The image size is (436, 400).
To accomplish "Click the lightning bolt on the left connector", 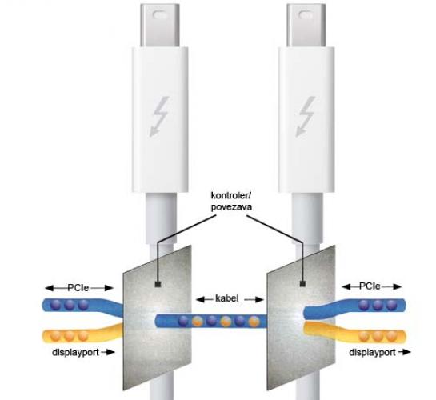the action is point(160,117).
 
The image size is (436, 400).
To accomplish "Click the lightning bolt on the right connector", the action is point(306,117).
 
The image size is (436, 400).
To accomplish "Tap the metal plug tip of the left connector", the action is point(160,26).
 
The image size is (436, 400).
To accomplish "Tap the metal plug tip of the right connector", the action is point(306,26).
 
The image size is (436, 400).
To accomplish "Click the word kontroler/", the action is point(231,195).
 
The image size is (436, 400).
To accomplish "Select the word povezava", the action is point(232,207).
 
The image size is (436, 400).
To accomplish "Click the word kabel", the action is point(227,298).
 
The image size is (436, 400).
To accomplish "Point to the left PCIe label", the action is point(78,287).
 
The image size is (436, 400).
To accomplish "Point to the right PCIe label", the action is point(370,286).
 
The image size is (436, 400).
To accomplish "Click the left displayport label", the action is point(75,353).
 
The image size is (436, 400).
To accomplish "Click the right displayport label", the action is point(372,353).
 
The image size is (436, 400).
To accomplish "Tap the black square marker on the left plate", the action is point(158,284).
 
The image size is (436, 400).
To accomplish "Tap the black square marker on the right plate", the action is point(302,284).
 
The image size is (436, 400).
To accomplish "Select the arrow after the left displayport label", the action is point(108,352).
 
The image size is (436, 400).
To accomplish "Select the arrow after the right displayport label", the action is point(405,352).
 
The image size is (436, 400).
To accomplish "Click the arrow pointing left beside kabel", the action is point(204,299).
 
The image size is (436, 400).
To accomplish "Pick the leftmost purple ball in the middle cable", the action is point(183,321).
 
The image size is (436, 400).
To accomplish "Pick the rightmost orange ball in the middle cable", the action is point(254,322).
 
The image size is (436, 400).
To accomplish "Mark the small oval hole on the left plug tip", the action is point(159,14).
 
